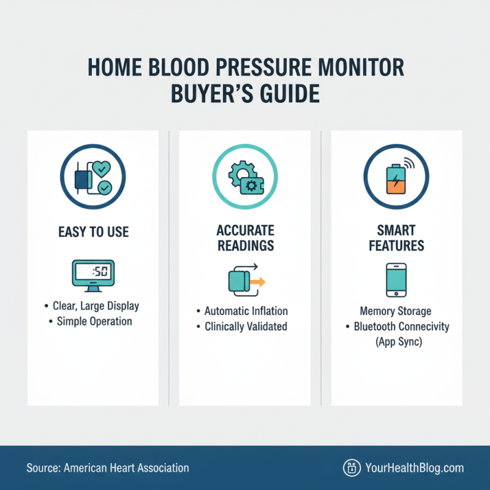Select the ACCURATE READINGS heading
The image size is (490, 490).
pos(245,239)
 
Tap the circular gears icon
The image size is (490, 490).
pos(244,178)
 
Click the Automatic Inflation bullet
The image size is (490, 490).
pos(246,311)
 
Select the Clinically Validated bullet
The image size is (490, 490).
pos(245,326)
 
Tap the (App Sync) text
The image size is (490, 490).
pos(396,342)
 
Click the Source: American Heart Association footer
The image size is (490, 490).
pos(108,468)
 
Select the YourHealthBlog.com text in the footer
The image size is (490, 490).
pos(414,468)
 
